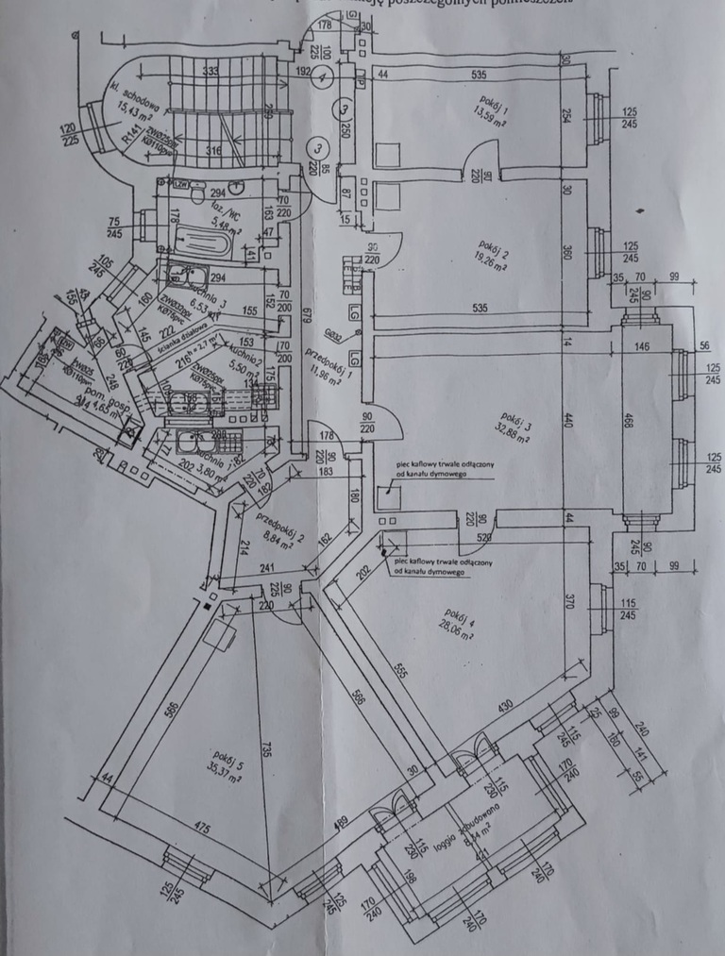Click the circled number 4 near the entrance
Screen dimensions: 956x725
point(324,76)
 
